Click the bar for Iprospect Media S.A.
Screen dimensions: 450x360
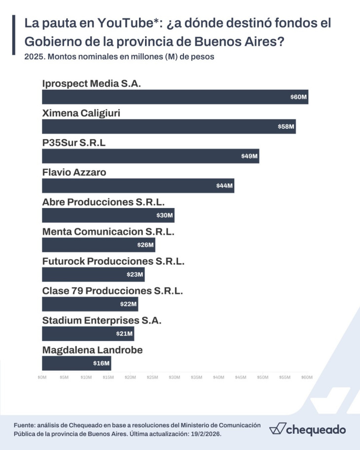(175, 97)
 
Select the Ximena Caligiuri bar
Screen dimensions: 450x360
(169, 127)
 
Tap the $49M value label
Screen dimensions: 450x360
(250, 156)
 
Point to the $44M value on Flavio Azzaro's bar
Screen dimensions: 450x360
(224, 186)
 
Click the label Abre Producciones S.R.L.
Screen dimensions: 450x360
(104, 202)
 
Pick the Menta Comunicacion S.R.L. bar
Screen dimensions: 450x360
(99, 245)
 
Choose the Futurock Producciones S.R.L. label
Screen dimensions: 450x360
(113, 261)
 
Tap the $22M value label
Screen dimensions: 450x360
(128, 304)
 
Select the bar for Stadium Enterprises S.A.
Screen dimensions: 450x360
(88, 334)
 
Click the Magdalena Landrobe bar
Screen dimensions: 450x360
(76, 363)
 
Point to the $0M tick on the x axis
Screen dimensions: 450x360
(42, 378)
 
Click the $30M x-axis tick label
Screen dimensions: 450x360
(175, 378)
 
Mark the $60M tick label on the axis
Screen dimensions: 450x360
(307, 378)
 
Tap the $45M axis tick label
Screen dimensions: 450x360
(241, 378)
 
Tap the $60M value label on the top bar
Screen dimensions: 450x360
(299, 97)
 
